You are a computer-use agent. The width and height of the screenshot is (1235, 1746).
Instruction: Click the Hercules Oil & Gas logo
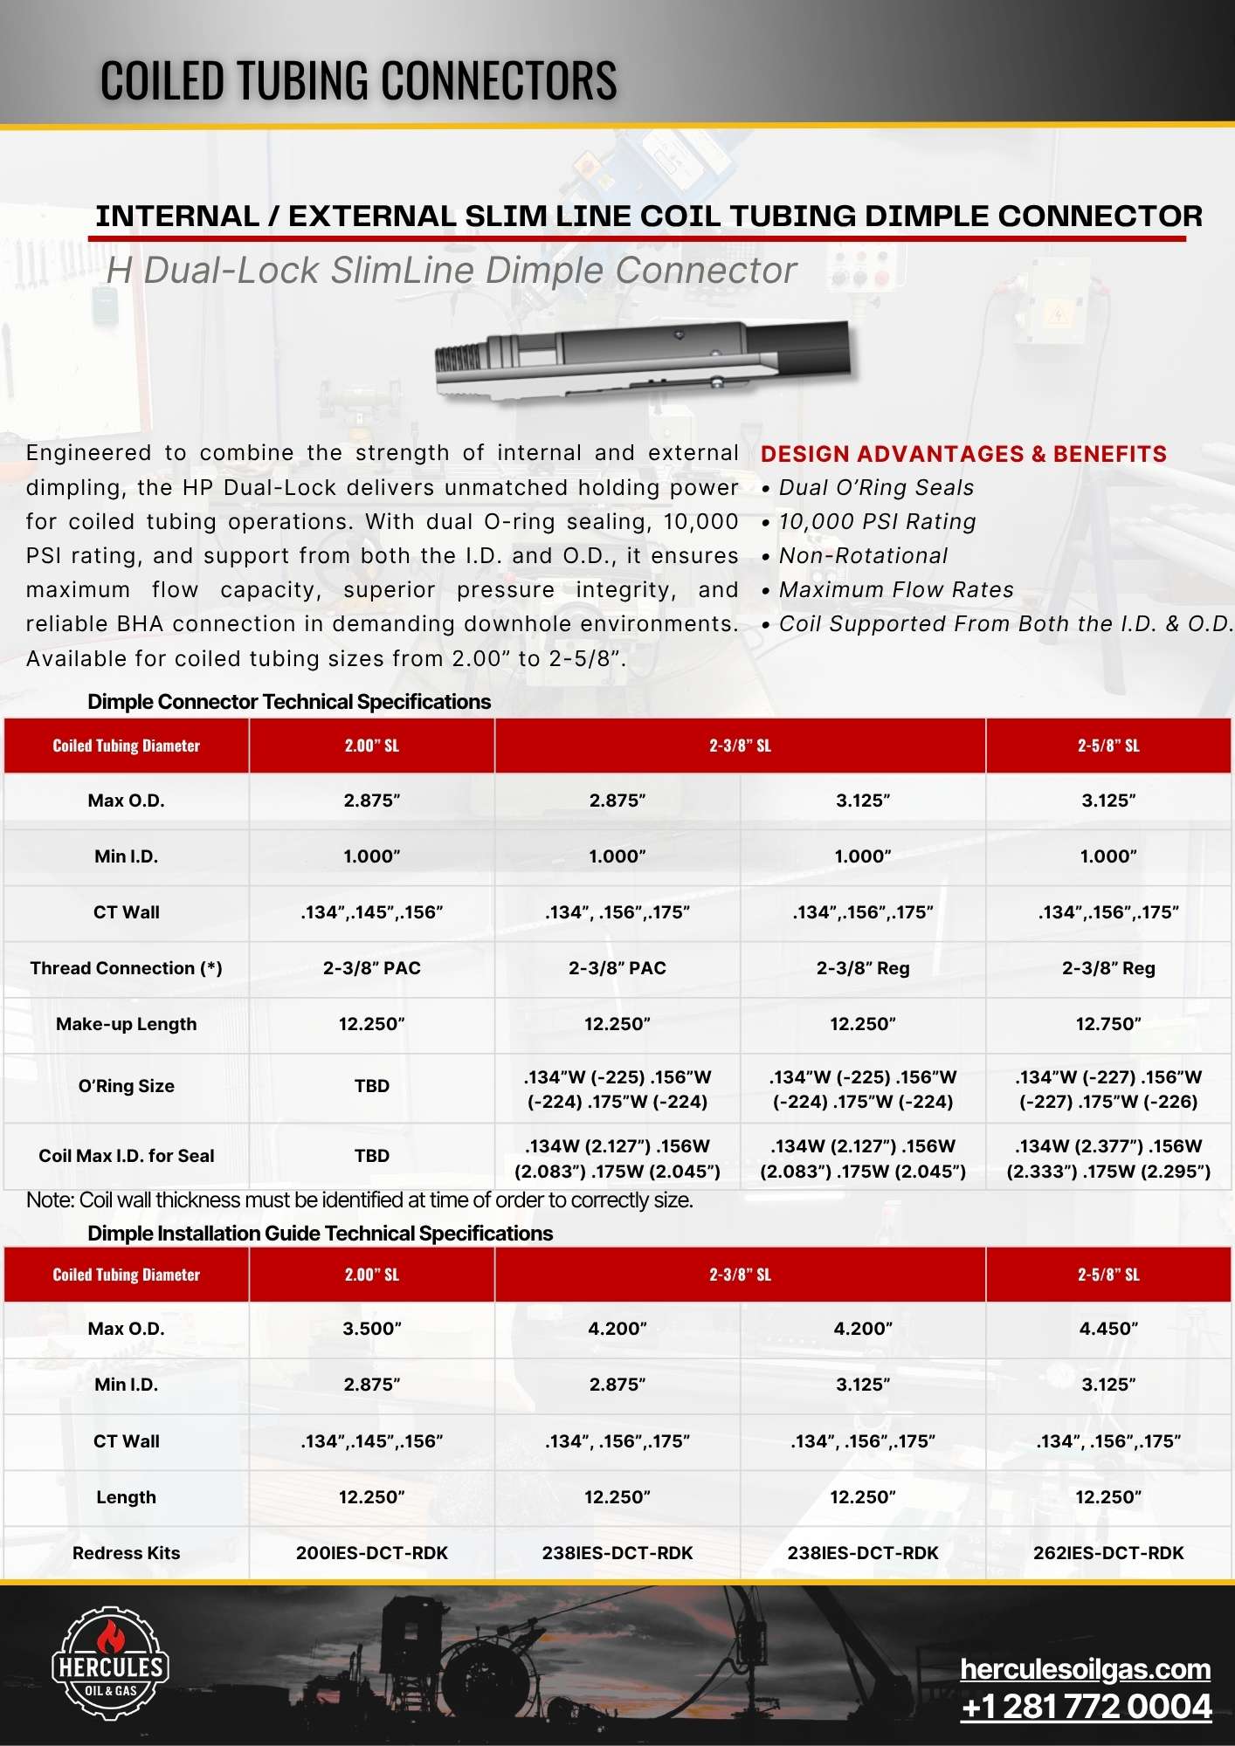click(110, 1663)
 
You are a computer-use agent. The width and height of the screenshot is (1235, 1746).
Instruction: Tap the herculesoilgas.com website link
click(1085, 1668)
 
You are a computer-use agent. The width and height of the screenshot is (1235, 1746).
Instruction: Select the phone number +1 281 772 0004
click(1086, 1707)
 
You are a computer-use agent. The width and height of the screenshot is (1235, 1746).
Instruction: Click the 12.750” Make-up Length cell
click(1107, 1024)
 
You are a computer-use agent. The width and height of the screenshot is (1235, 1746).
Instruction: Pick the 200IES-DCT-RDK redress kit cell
click(371, 1553)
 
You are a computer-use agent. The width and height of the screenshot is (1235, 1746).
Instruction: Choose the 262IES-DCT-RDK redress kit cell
click(1107, 1553)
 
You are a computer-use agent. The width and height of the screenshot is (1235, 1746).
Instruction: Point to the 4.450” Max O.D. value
click(1107, 1329)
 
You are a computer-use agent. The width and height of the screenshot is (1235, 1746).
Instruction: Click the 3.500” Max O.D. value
click(371, 1329)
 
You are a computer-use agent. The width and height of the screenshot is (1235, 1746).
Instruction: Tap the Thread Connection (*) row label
click(126, 968)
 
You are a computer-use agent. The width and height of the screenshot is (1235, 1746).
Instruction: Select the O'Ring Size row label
click(126, 1086)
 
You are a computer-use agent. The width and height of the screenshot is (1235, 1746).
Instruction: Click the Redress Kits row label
click(126, 1553)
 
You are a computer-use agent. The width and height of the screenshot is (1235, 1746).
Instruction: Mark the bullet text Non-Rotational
click(863, 556)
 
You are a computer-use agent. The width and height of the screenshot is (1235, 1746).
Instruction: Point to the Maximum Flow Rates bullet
click(896, 590)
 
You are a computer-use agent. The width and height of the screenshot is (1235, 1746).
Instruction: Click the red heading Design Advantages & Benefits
click(963, 454)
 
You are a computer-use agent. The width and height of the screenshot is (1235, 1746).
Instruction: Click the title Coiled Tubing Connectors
click(358, 80)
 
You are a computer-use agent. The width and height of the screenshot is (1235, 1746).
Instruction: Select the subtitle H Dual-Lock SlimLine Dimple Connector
click(451, 271)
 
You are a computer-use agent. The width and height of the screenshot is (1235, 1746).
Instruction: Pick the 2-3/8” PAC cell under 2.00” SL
click(371, 968)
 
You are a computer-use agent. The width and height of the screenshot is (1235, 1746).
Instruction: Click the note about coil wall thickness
click(359, 1200)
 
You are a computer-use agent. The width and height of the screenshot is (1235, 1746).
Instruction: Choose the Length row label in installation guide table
click(126, 1497)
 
